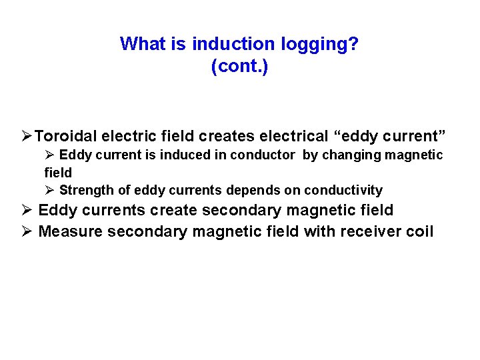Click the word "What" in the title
pos(138,45)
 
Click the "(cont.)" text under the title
pos(239,67)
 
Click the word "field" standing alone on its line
pos(58,173)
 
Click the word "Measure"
pos(70,231)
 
